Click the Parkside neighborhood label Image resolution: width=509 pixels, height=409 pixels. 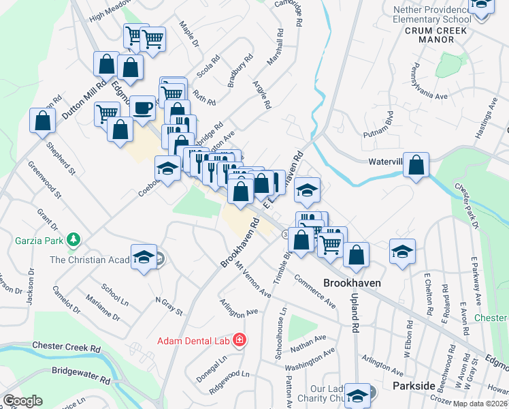(x=414, y=386)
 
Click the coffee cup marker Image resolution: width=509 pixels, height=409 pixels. (x=142, y=108)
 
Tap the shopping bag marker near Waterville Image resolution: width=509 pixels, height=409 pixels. (x=416, y=165)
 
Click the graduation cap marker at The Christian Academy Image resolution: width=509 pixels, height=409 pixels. (x=144, y=258)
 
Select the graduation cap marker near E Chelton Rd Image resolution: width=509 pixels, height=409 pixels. (x=402, y=251)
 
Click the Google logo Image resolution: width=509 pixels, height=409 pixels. (x=22, y=401)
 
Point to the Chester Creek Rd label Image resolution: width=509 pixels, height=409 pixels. (x=66, y=347)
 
